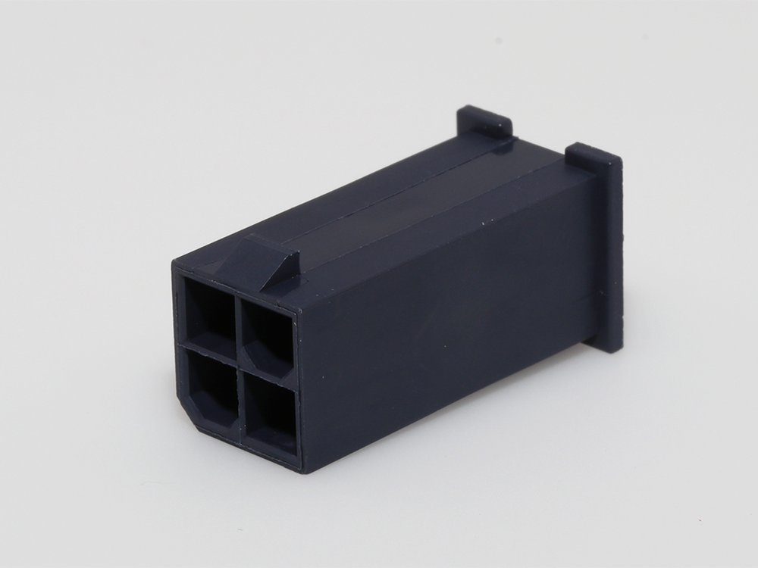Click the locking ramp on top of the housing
(x=265, y=261)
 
